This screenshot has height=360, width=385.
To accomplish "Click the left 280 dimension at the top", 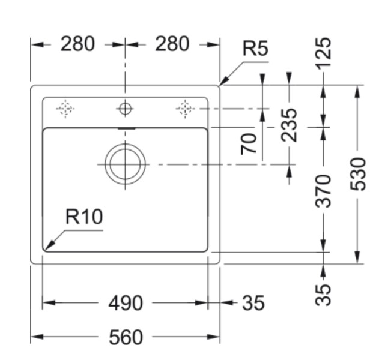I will tap(77, 44).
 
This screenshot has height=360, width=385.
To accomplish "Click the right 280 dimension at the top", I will tap(172, 44).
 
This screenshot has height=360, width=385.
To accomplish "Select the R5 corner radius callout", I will tap(255, 49).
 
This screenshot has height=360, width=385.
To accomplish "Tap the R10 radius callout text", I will tap(84, 217).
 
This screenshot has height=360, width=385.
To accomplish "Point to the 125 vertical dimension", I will tap(324, 52).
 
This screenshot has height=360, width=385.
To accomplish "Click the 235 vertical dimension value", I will tap(290, 124).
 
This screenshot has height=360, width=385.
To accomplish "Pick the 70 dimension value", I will tap(249, 143).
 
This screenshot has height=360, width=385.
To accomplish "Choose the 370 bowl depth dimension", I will tap(324, 190).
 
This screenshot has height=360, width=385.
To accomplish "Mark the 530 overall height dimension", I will tap(357, 174).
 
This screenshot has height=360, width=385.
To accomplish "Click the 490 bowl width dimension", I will tap(126, 303).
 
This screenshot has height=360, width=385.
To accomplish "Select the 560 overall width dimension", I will tap(126, 337).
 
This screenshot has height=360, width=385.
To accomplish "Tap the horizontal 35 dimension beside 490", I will tap(253, 303).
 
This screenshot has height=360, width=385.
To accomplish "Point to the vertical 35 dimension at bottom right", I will tap(324, 293).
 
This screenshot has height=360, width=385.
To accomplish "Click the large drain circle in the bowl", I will tap(125, 163).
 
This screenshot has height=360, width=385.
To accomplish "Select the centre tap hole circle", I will tap(125, 109).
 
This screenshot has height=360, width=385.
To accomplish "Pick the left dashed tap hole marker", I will tap(65, 109).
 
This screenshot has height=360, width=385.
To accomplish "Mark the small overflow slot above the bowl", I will tap(126, 128).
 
